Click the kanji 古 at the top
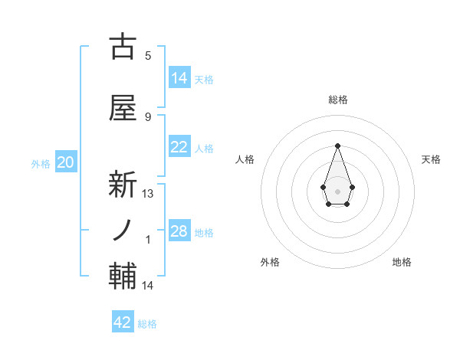pos(123,47)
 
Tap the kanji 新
pos(123,183)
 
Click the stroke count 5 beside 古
pos(148,55)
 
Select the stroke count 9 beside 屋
pos(148,116)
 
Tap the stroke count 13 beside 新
pos(148,194)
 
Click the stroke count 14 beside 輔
pos(148,286)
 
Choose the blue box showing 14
pos(179,77)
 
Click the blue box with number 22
pos(179,147)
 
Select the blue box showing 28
pos(179,231)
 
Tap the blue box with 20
pos(66,162)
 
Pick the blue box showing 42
pos(123,322)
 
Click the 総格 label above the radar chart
pos(338,100)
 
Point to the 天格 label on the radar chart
pos(431,159)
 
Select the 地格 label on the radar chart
pos(402,262)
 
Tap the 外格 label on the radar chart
pos(270,262)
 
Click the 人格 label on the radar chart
pos(245,159)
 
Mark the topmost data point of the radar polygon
pos(337,145)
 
